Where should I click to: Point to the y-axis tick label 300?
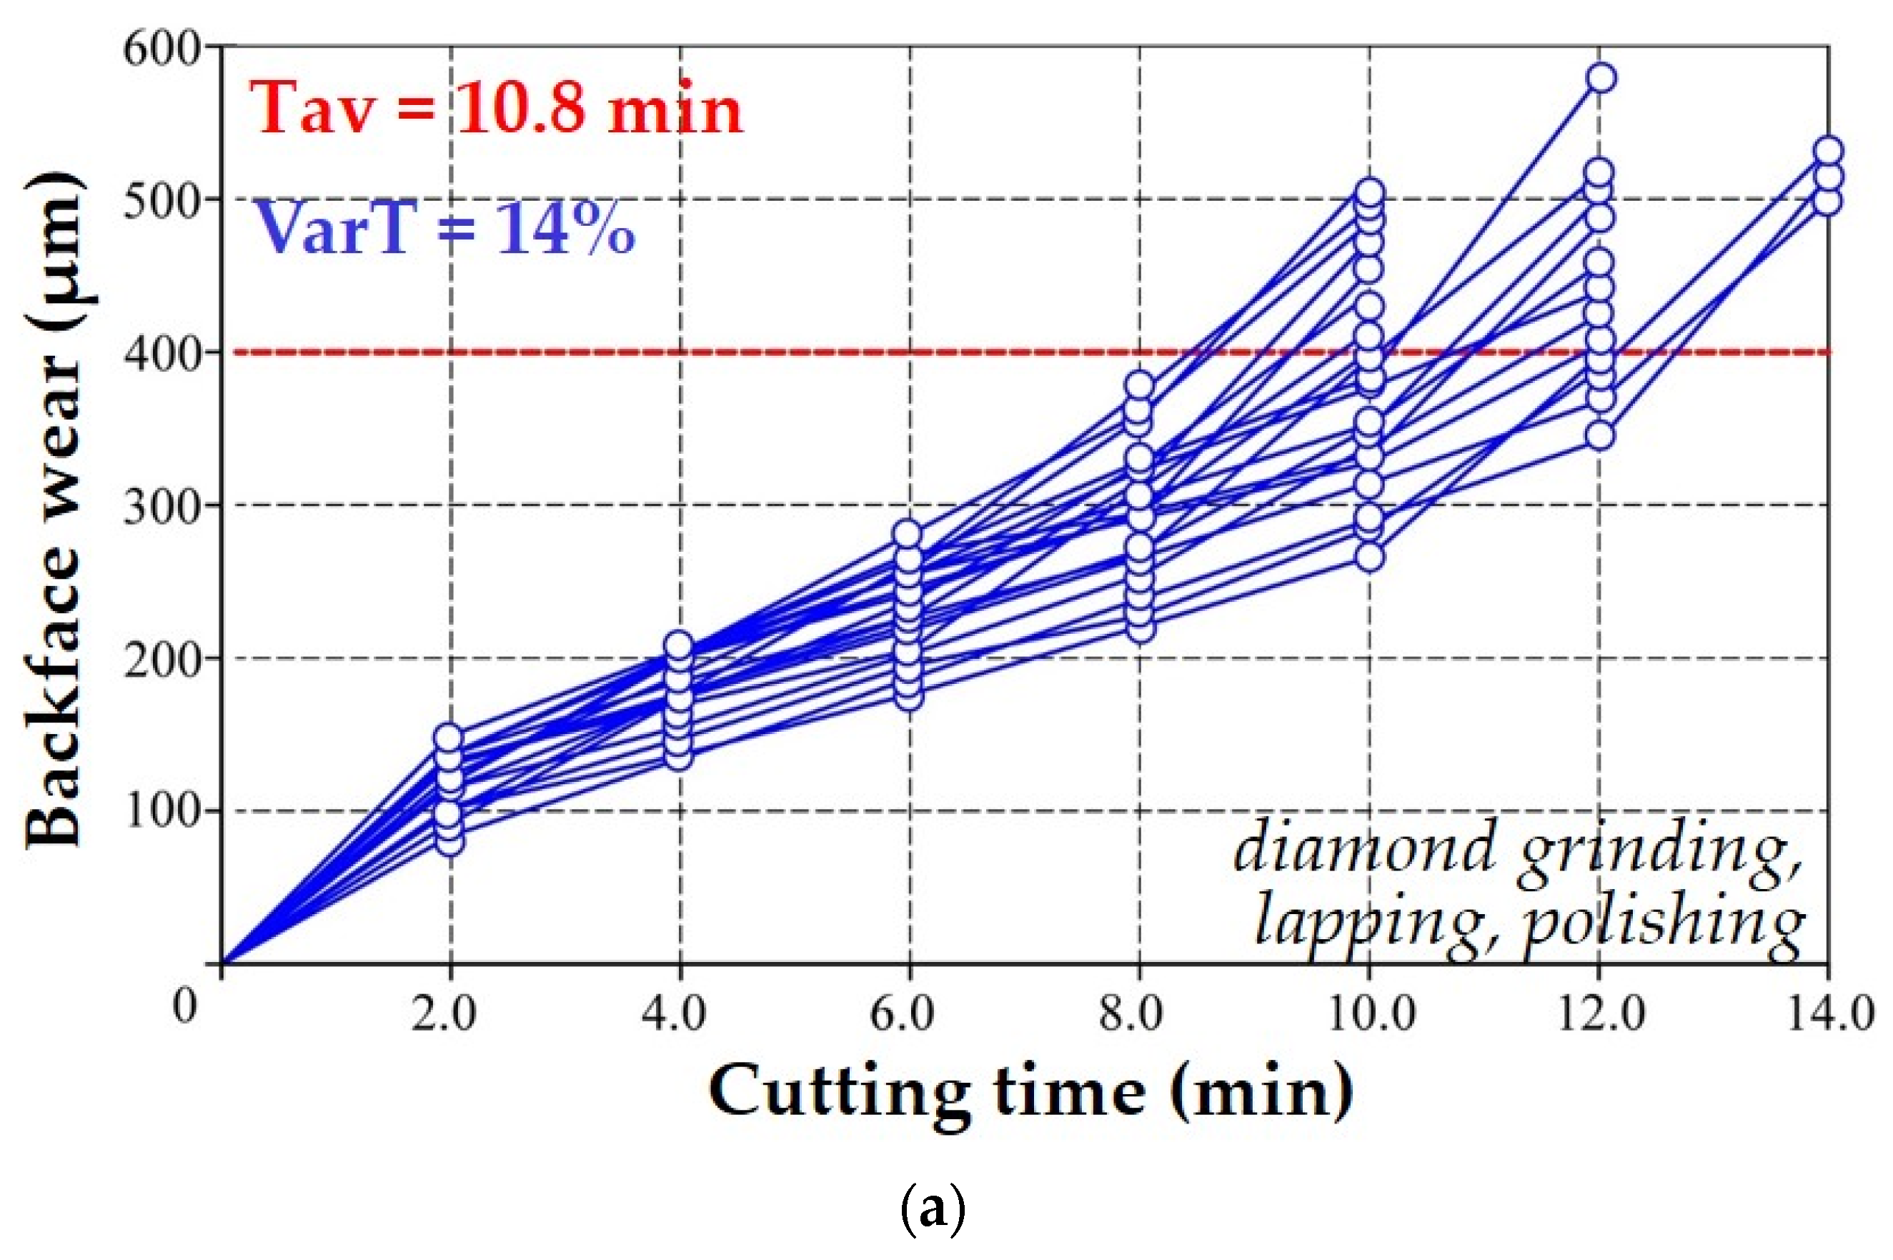click(x=161, y=506)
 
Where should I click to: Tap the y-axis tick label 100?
click(x=161, y=812)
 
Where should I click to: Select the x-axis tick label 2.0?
click(x=444, y=1014)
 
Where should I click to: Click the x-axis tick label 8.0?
click(x=1131, y=1014)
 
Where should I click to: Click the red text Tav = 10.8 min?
click(x=496, y=109)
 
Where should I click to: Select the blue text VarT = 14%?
click(x=444, y=229)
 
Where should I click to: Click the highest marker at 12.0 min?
click(x=1601, y=78)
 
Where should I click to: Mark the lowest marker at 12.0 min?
click(x=1600, y=435)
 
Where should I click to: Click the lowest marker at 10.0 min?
click(x=1370, y=557)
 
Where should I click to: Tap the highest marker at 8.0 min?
click(x=1140, y=386)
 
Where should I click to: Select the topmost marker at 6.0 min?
click(x=909, y=534)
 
